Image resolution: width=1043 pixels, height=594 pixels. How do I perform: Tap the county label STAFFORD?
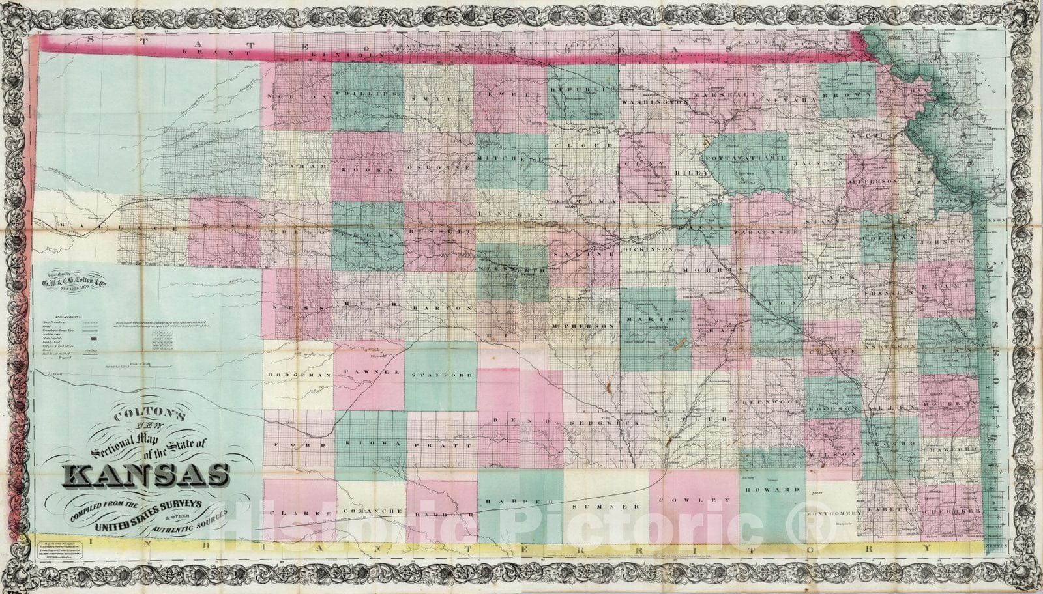442,376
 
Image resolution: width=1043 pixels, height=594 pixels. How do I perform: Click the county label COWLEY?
696,500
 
